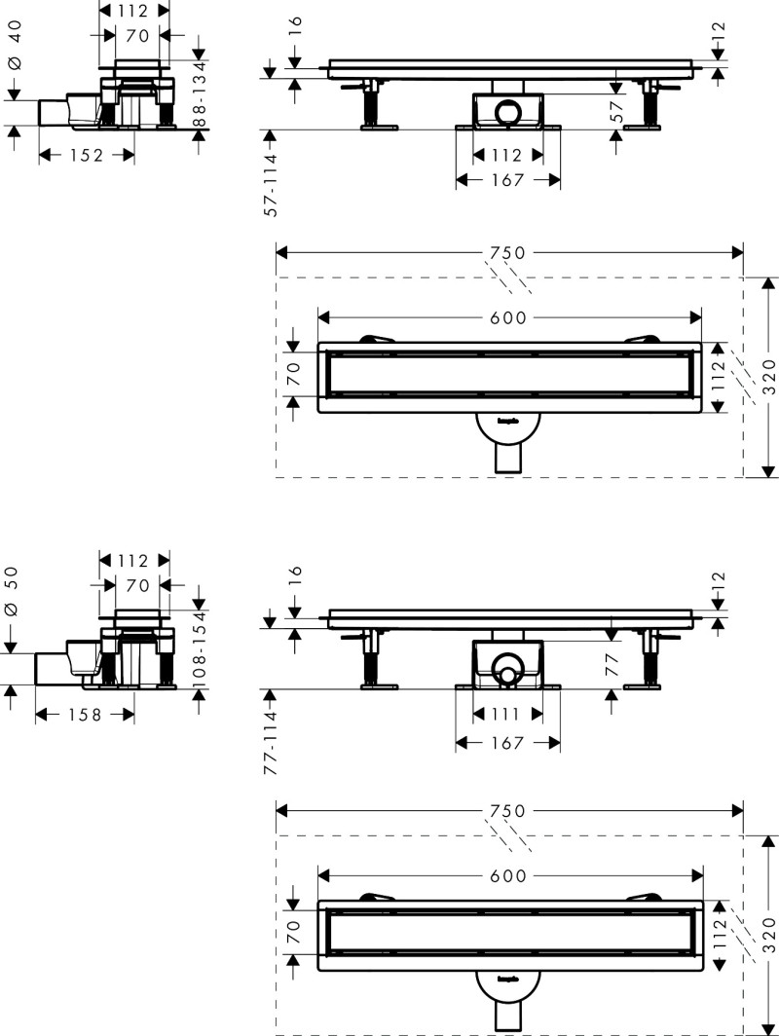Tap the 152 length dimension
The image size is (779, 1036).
click(86, 155)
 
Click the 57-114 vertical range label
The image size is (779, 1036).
click(272, 184)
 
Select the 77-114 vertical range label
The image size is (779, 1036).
click(272, 743)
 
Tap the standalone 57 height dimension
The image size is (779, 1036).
click(615, 110)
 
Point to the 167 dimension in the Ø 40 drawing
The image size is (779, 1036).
click(507, 180)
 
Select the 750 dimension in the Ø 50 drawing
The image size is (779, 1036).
click(507, 811)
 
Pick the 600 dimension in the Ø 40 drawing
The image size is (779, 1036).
click(507, 317)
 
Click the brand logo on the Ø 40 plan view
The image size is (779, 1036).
click(507, 423)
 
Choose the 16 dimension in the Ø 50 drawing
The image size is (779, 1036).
click(295, 575)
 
